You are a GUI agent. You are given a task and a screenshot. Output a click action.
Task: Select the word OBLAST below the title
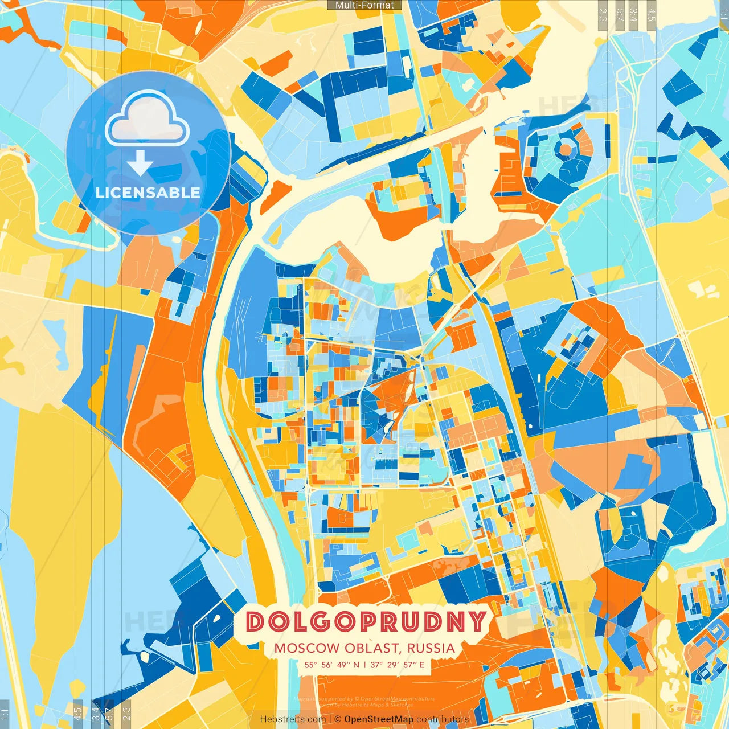click(364, 648)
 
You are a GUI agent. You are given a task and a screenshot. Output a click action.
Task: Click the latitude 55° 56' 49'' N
click(331, 665)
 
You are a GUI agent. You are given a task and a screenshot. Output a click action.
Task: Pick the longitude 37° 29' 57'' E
click(398, 665)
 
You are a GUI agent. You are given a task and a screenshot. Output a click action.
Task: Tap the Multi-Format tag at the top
click(364, 5)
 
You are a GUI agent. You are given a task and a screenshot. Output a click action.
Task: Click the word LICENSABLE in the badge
click(148, 193)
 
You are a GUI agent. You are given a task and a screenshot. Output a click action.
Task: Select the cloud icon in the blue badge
click(148, 118)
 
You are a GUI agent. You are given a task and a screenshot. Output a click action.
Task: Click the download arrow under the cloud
click(140, 163)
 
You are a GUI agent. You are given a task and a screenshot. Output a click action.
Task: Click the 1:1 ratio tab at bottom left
click(5, 714)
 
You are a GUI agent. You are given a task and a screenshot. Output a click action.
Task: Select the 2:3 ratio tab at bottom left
click(126, 714)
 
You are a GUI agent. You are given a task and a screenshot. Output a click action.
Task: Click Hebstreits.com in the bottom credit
click(293, 719)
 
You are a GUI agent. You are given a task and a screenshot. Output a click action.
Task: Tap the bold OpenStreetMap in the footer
click(379, 719)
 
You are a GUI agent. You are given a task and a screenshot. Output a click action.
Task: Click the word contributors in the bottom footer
click(443, 719)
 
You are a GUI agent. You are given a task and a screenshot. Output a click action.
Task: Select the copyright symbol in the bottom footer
click(338, 719)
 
